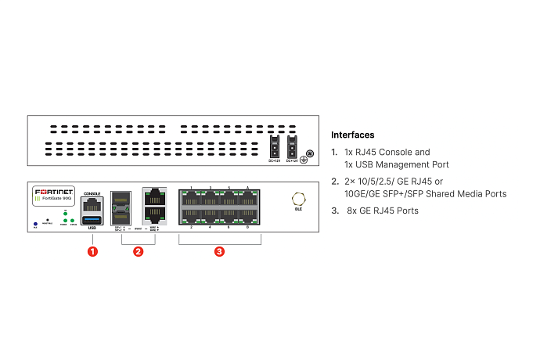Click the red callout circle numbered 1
point(92,251)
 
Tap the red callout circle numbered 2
point(138,251)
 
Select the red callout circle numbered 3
point(220,251)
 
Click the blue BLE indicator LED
point(35,223)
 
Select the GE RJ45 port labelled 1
point(192,198)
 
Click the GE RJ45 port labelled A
point(247,198)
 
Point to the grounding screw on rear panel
point(309,153)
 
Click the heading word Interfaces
point(352,135)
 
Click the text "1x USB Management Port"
point(396,164)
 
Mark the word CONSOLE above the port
point(92,190)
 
